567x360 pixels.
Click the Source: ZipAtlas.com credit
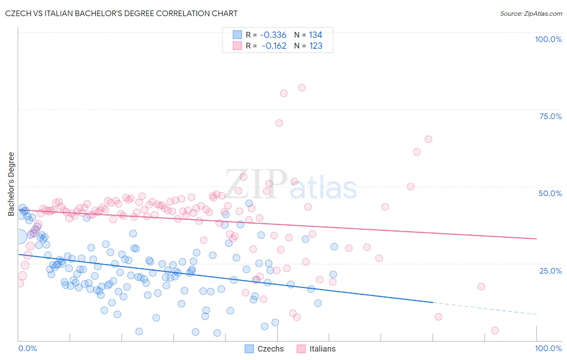[x=531, y=13]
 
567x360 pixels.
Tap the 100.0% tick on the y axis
[x=548, y=39]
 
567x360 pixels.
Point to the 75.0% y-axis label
[x=550, y=116]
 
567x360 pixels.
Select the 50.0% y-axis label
[x=550, y=193]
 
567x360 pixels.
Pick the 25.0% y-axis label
[x=550, y=270]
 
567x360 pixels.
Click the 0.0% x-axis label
[x=27, y=348]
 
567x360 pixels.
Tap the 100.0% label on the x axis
[x=548, y=348]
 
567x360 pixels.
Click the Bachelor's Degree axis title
[x=11, y=184]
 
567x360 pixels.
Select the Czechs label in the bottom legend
[x=271, y=349]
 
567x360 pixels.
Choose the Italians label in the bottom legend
[x=322, y=349]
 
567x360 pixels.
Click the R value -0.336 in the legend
[x=273, y=35]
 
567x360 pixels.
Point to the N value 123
[x=316, y=46]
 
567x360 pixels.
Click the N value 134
[x=316, y=35]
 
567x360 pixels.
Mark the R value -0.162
[x=274, y=46]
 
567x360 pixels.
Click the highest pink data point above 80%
[x=302, y=88]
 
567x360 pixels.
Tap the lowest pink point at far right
[x=495, y=331]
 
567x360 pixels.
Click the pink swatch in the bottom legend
[x=301, y=349]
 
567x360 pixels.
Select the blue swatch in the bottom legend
[x=249, y=349]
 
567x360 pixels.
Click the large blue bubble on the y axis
[x=19, y=236]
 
